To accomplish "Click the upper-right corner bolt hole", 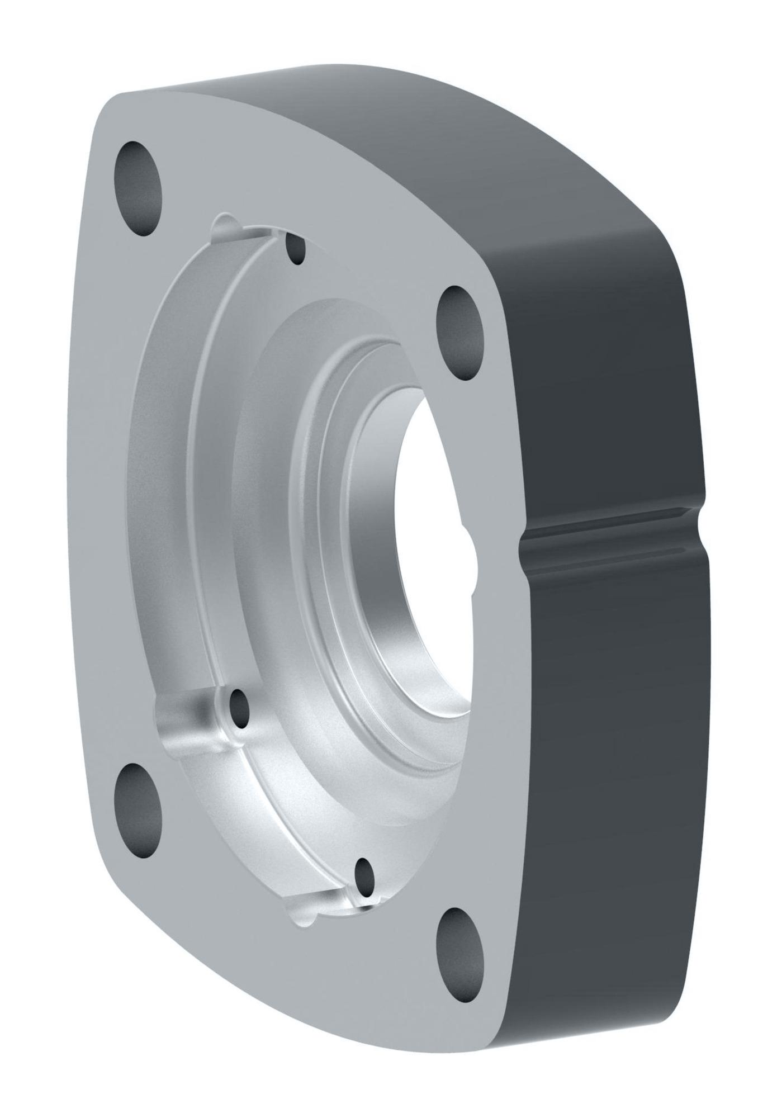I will click(460, 334).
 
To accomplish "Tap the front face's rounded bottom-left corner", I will click(112, 872).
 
